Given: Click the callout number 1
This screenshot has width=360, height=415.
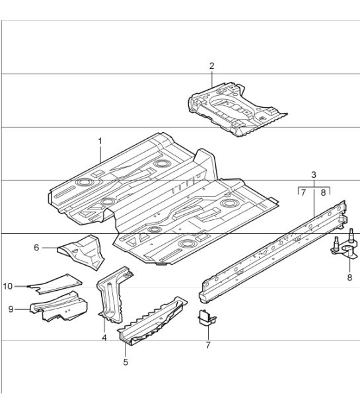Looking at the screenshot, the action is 100,141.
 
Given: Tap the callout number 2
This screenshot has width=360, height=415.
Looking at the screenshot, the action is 211,66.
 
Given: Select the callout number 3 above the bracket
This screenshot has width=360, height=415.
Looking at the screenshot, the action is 314,174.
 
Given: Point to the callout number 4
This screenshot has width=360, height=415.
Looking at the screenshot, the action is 104,338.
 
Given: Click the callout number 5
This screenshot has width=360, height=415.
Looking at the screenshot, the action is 126,361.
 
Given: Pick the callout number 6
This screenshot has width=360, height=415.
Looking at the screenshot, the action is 36,247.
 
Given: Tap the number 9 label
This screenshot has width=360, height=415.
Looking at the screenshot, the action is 11,309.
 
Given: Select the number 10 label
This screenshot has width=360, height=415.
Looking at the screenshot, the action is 8,286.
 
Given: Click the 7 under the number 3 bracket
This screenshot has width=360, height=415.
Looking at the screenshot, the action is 303,192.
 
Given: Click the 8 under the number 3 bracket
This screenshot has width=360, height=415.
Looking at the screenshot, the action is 323,192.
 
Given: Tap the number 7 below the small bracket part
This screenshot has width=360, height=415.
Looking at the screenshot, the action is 208,345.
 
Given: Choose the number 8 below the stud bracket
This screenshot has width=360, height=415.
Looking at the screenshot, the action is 349,278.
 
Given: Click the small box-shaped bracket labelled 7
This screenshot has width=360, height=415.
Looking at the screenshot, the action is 207,318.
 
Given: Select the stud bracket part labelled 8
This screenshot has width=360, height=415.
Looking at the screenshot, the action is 345,245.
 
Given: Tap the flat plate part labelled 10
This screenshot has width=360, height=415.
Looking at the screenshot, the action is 55,283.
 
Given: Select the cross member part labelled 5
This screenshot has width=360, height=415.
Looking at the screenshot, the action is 152,321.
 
